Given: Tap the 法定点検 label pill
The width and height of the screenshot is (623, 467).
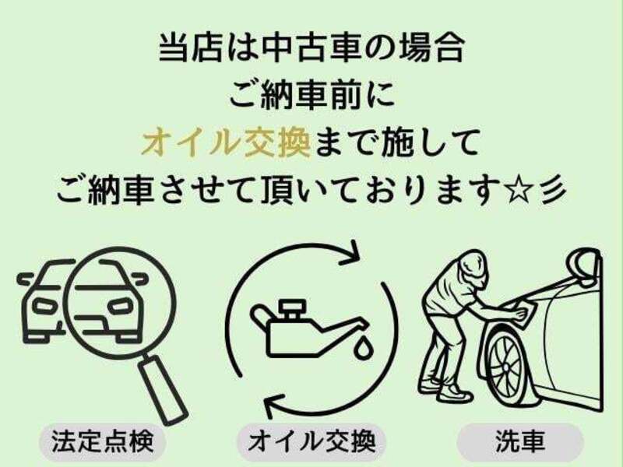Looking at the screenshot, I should click(x=103, y=442).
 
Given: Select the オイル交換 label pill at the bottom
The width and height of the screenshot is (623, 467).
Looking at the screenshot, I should click(x=311, y=442).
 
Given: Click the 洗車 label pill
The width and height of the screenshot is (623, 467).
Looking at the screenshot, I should click(x=519, y=442).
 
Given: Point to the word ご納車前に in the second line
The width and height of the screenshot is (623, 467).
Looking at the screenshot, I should click(x=311, y=97).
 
